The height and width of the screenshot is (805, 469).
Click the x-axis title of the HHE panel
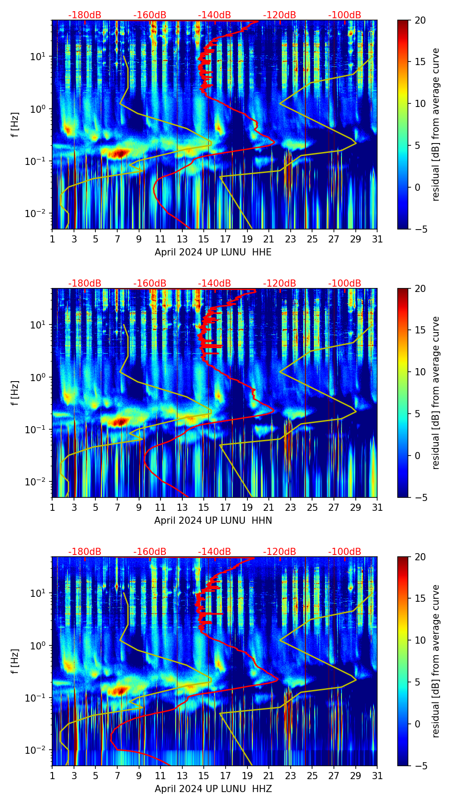point(213,252)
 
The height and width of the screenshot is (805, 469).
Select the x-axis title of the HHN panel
point(213,521)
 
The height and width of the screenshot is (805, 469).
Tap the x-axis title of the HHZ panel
point(213,789)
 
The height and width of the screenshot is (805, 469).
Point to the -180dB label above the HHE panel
point(85,15)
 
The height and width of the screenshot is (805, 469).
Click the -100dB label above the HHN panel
point(345,283)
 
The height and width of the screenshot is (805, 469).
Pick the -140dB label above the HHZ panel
point(214,552)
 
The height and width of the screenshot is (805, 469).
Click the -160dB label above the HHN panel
point(150,283)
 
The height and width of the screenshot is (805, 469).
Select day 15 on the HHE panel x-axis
point(204,239)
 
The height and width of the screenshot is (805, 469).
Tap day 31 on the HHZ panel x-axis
point(377,776)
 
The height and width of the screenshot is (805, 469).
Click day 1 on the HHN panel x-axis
point(52,508)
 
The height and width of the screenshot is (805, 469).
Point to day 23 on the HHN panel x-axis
point(291,508)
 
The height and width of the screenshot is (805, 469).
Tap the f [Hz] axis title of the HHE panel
point(15,124)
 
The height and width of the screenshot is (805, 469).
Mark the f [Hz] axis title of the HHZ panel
point(15,661)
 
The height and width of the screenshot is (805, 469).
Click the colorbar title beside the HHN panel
point(436,393)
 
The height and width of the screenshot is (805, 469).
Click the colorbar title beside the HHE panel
point(436,124)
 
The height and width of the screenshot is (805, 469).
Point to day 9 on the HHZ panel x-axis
point(139,776)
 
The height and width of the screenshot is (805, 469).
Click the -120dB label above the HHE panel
point(280,15)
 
